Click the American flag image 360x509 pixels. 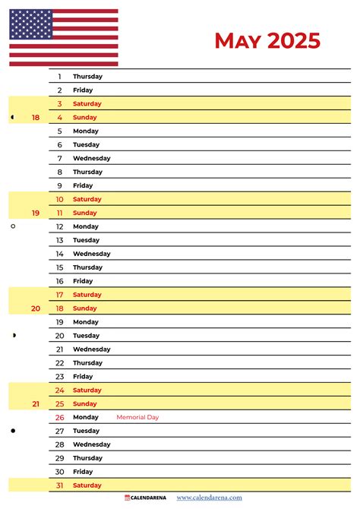pyautogui.click(x=64, y=37)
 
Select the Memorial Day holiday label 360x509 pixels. pyautogui.click(x=137, y=417)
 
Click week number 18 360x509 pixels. pyautogui.click(x=36, y=118)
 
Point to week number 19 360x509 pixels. pyautogui.click(x=36, y=213)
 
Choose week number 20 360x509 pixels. pyautogui.click(x=36, y=308)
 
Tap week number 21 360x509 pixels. pyautogui.click(x=36, y=404)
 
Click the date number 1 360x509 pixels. pyautogui.click(x=60, y=77)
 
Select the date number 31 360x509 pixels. pyautogui.click(x=59, y=485)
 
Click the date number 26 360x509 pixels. pyautogui.click(x=59, y=417)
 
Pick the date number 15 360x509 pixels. pyautogui.click(x=59, y=267)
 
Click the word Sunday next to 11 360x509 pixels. pyautogui.click(x=85, y=213)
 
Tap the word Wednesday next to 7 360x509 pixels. pyautogui.click(x=91, y=159)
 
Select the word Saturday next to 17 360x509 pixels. pyautogui.click(x=87, y=295)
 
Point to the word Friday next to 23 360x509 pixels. pyautogui.click(x=83, y=377)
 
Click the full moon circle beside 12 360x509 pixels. pyautogui.click(x=13, y=226)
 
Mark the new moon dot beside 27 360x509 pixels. pyautogui.click(x=13, y=431)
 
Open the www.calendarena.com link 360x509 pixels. pyautogui.click(x=210, y=498)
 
